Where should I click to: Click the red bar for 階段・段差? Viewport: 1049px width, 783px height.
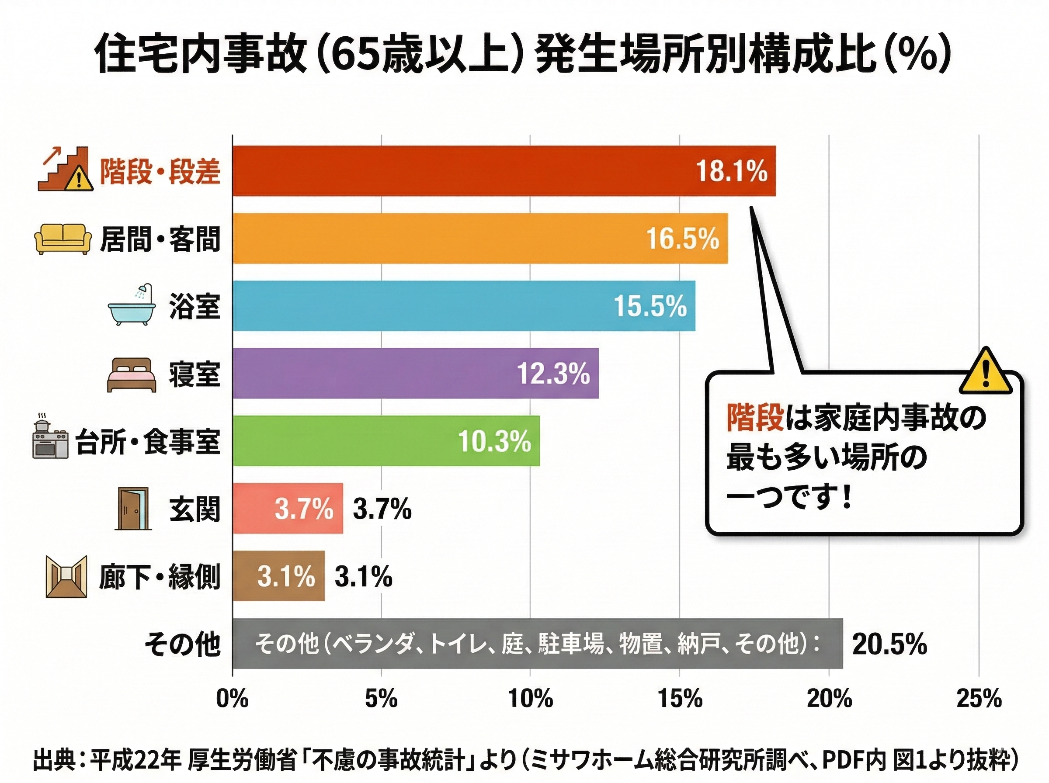coord(504,171)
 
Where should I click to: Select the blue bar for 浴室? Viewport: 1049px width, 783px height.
coord(464,306)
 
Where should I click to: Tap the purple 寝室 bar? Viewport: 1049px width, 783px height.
coord(415,374)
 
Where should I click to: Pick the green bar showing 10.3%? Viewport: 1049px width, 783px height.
coord(386,441)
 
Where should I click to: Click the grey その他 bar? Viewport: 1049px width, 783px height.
coord(538,644)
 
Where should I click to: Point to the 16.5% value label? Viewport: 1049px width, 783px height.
coord(683,239)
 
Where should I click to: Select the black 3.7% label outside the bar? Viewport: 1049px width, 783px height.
coord(382,509)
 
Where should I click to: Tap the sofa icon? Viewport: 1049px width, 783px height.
coord(63,239)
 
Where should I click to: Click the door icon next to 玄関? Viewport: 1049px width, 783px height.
coord(132,509)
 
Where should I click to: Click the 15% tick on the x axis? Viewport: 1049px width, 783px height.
coord(680,699)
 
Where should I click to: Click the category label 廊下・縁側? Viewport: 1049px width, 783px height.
coord(160,577)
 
